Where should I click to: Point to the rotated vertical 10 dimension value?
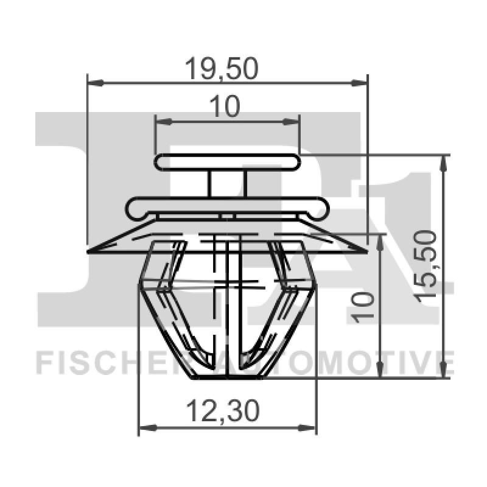(x=364, y=306)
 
